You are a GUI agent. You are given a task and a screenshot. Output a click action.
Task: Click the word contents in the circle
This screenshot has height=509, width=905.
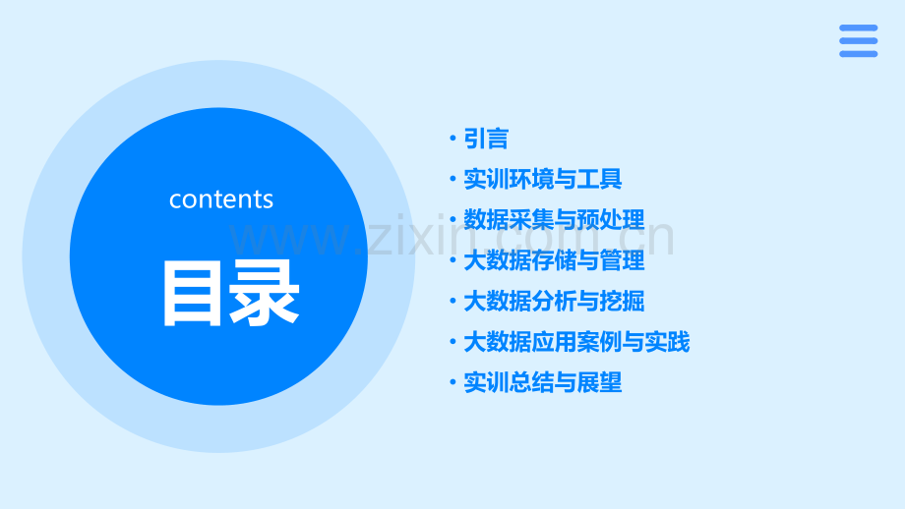click(x=220, y=199)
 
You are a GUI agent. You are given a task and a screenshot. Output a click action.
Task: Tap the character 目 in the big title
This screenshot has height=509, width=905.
click(x=193, y=293)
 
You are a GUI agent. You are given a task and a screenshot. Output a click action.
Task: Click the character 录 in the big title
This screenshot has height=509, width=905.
click(x=264, y=293)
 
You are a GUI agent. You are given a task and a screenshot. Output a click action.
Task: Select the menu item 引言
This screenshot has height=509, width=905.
click(x=486, y=140)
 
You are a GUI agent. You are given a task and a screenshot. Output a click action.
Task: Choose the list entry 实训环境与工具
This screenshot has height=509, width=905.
click(x=542, y=180)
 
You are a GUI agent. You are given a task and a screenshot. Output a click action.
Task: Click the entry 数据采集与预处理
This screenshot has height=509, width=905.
click(x=554, y=220)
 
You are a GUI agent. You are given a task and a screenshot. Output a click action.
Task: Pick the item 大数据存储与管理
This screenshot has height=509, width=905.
click(x=554, y=260)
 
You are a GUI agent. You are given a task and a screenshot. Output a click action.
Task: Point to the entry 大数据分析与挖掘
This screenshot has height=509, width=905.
click(x=554, y=301)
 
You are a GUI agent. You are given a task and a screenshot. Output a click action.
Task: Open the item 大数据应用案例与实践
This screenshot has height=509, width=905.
click(x=576, y=342)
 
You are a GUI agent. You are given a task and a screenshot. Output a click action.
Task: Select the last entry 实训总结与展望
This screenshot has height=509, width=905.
click(x=542, y=382)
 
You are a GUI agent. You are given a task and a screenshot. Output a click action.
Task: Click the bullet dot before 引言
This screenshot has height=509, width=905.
click(x=452, y=140)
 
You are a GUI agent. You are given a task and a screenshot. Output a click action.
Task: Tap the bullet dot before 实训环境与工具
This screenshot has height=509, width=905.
click(x=452, y=180)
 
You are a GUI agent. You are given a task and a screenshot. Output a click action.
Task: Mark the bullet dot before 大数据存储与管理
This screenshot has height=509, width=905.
click(x=452, y=260)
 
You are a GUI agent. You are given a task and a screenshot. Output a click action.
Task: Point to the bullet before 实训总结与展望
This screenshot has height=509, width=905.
click(x=452, y=382)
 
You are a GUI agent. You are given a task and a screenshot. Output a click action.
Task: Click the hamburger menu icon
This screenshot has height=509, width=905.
click(x=858, y=40)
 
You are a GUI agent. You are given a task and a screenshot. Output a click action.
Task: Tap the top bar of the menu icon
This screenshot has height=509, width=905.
click(x=858, y=28)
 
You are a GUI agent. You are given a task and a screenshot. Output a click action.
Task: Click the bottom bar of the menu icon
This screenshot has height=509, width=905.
click(x=858, y=53)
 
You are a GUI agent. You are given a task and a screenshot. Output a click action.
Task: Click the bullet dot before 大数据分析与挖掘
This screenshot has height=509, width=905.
click(x=452, y=301)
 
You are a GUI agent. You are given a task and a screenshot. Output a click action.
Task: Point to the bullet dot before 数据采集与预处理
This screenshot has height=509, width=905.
click(x=452, y=220)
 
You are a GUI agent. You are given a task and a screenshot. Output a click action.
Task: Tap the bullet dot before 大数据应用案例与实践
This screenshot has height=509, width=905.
click(x=452, y=342)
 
